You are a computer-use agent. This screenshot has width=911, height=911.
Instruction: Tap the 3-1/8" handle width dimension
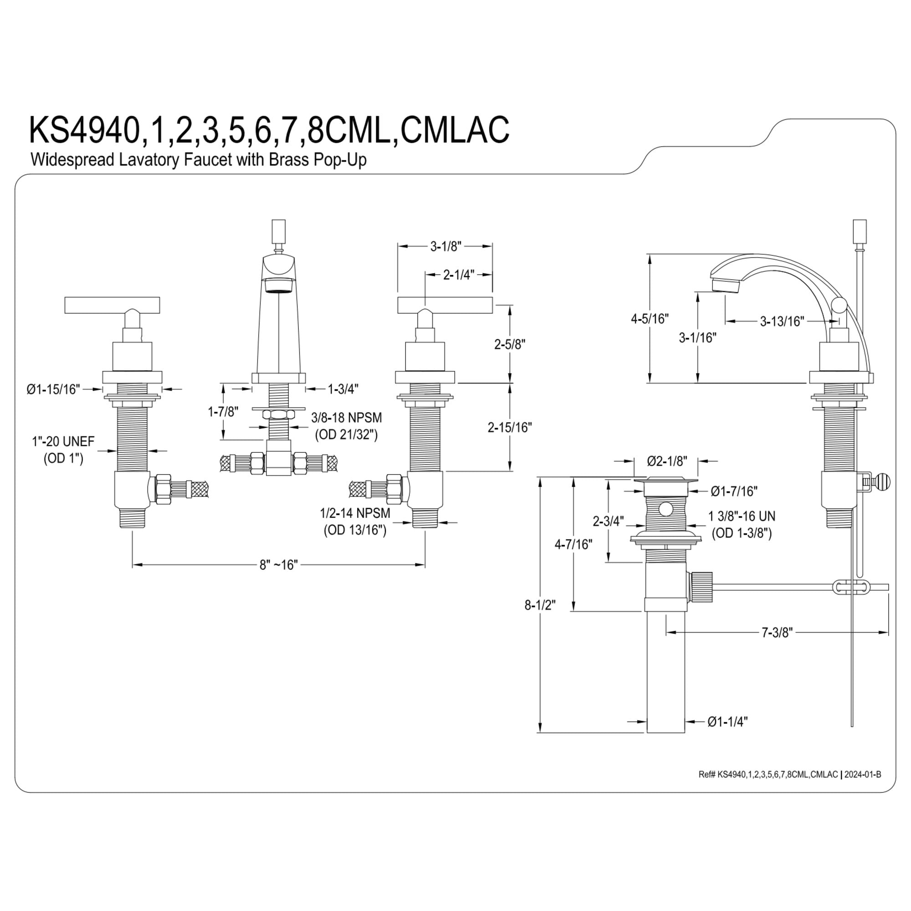click(x=445, y=246)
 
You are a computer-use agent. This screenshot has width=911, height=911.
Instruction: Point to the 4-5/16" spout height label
click(x=650, y=319)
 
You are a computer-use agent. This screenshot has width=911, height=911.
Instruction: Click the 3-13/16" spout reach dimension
click(x=782, y=321)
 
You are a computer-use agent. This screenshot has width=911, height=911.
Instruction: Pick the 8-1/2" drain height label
click(x=540, y=605)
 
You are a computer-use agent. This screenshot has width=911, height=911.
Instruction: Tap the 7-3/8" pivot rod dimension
click(x=778, y=632)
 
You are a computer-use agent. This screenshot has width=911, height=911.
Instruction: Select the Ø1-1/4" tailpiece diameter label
click(x=727, y=722)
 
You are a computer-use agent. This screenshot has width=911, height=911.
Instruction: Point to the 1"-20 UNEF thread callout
click(x=63, y=450)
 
